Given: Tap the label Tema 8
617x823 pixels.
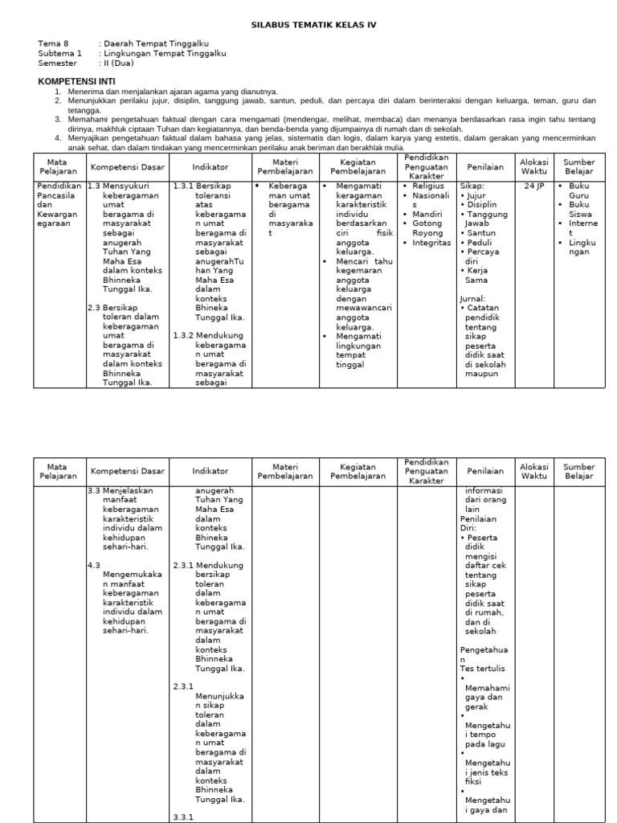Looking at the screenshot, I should [x=54, y=43].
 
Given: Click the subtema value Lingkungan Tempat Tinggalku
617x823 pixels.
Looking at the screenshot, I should [x=164, y=53].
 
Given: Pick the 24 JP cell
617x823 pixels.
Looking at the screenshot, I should [x=533, y=186].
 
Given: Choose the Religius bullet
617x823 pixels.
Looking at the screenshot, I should [x=427, y=186].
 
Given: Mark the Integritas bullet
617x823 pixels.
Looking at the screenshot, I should [x=431, y=244].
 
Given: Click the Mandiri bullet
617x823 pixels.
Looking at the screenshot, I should [x=427, y=215].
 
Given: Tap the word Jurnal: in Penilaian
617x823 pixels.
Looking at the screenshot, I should [x=473, y=297].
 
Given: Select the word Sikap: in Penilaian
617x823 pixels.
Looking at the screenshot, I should [x=472, y=186].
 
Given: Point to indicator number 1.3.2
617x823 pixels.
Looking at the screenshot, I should [x=184, y=335].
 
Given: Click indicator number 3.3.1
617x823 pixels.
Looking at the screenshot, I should [x=184, y=817].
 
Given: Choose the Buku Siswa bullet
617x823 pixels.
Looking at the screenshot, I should [x=579, y=210].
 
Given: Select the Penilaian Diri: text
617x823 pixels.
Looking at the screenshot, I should [x=479, y=523].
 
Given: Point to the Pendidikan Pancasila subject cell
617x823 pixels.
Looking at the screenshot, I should [x=59, y=205].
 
